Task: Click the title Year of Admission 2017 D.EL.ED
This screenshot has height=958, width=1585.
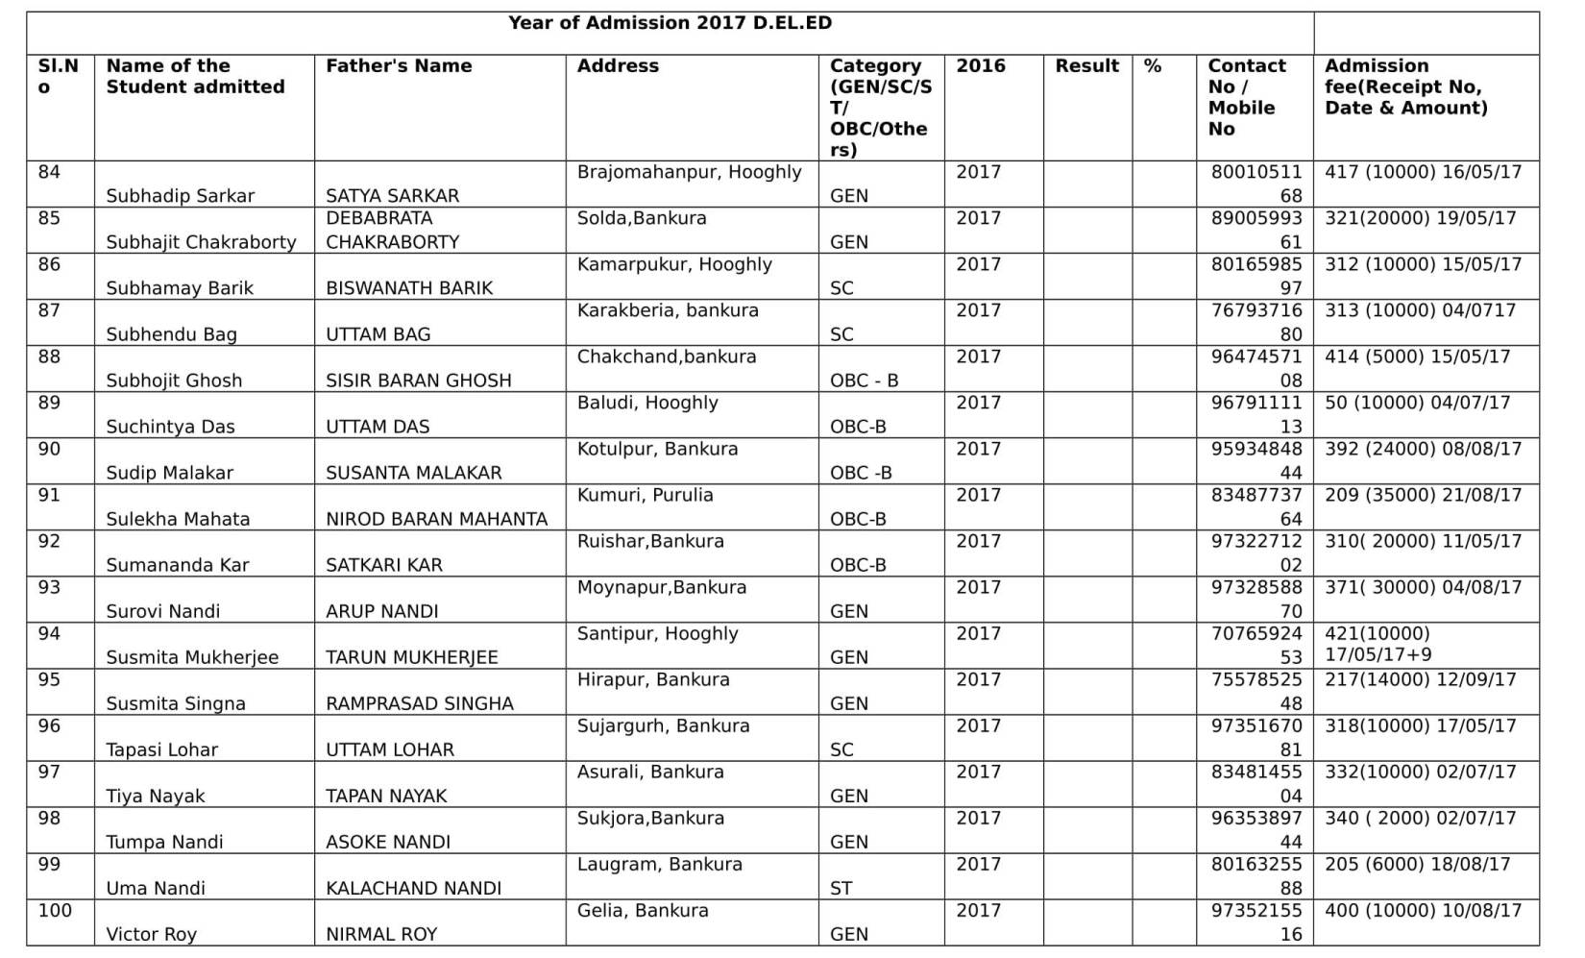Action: click(x=670, y=23)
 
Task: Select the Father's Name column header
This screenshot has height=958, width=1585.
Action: click(x=399, y=66)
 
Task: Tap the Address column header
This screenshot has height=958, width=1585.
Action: click(x=618, y=66)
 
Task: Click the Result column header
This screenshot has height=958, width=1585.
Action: click(x=1086, y=66)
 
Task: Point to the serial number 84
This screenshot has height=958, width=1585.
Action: click(x=49, y=172)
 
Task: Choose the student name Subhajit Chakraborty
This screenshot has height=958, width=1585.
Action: click(x=201, y=242)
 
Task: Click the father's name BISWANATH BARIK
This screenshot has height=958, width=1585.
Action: click(x=409, y=288)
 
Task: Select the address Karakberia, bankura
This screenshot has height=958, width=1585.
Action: click(x=668, y=310)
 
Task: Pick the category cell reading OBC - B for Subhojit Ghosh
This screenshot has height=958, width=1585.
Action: click(x=864, y=381)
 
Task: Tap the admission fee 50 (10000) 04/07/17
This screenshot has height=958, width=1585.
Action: click(x=1417, y=403)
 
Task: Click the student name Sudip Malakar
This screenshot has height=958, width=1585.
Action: click(x=169, y=473)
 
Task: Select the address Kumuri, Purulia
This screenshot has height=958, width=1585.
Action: click(x=645, y=495)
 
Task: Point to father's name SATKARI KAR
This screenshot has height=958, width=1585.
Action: click(x=384, y=565)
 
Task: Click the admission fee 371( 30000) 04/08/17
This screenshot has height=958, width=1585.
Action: click(x=1423, y=587)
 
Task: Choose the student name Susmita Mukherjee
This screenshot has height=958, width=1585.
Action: click(x=192, y=657)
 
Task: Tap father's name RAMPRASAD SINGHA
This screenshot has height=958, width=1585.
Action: click(x=420, y=703)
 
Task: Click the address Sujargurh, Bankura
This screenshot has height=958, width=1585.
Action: click(x=663, y=725)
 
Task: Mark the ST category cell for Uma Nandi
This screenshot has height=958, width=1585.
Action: click(x=841, y=888)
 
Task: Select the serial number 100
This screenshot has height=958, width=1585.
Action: click(x=55, y=910)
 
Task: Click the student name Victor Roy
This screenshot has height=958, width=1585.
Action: click(x=151, y=934)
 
